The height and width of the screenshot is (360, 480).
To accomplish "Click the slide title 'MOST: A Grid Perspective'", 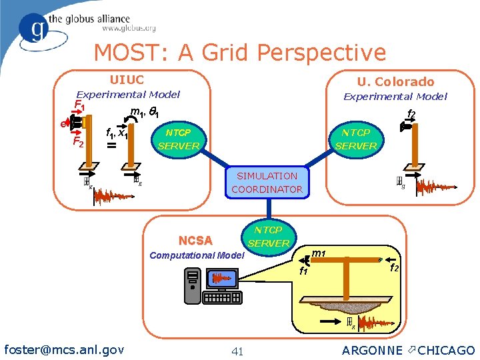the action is point(240,53).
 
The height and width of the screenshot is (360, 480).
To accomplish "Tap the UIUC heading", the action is point(126,80).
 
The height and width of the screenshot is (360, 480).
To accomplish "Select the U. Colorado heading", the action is point(395,82).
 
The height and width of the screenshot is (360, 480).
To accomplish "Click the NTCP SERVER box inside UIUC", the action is point(179,139).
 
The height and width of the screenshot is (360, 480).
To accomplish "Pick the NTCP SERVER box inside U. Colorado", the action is point(356,139).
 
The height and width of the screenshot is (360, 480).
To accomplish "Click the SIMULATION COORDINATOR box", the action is point(267,183).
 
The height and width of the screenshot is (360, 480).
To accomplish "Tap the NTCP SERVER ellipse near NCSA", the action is point(269,237).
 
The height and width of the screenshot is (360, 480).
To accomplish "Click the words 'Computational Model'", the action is point(197,255).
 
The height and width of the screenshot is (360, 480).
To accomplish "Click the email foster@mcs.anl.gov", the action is point(64,349).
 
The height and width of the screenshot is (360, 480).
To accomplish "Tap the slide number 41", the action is point(237,351).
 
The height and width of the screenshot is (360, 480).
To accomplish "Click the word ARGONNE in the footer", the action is point(372,350).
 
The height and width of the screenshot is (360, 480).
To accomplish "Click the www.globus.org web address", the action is point(129,29).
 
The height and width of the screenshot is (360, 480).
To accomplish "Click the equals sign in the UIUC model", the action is point(111,145).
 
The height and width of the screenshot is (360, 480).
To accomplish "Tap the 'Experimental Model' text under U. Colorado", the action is point(395,97).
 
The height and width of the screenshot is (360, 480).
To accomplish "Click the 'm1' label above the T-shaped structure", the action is point(319,252).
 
